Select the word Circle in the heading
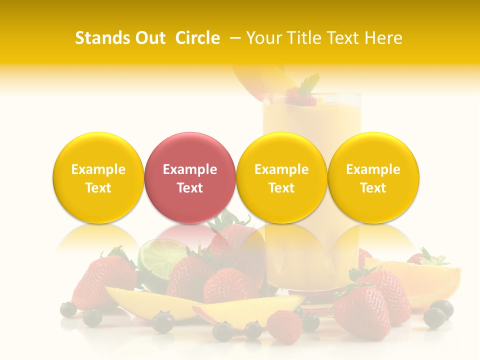(197, 38)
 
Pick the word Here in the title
(384, 38)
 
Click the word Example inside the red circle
(189, 169)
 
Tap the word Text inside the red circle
(189, 188)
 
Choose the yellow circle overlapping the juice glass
(281, 178)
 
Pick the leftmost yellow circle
(98, 178)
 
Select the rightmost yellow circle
(373, 178)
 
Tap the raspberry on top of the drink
(300, 98)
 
